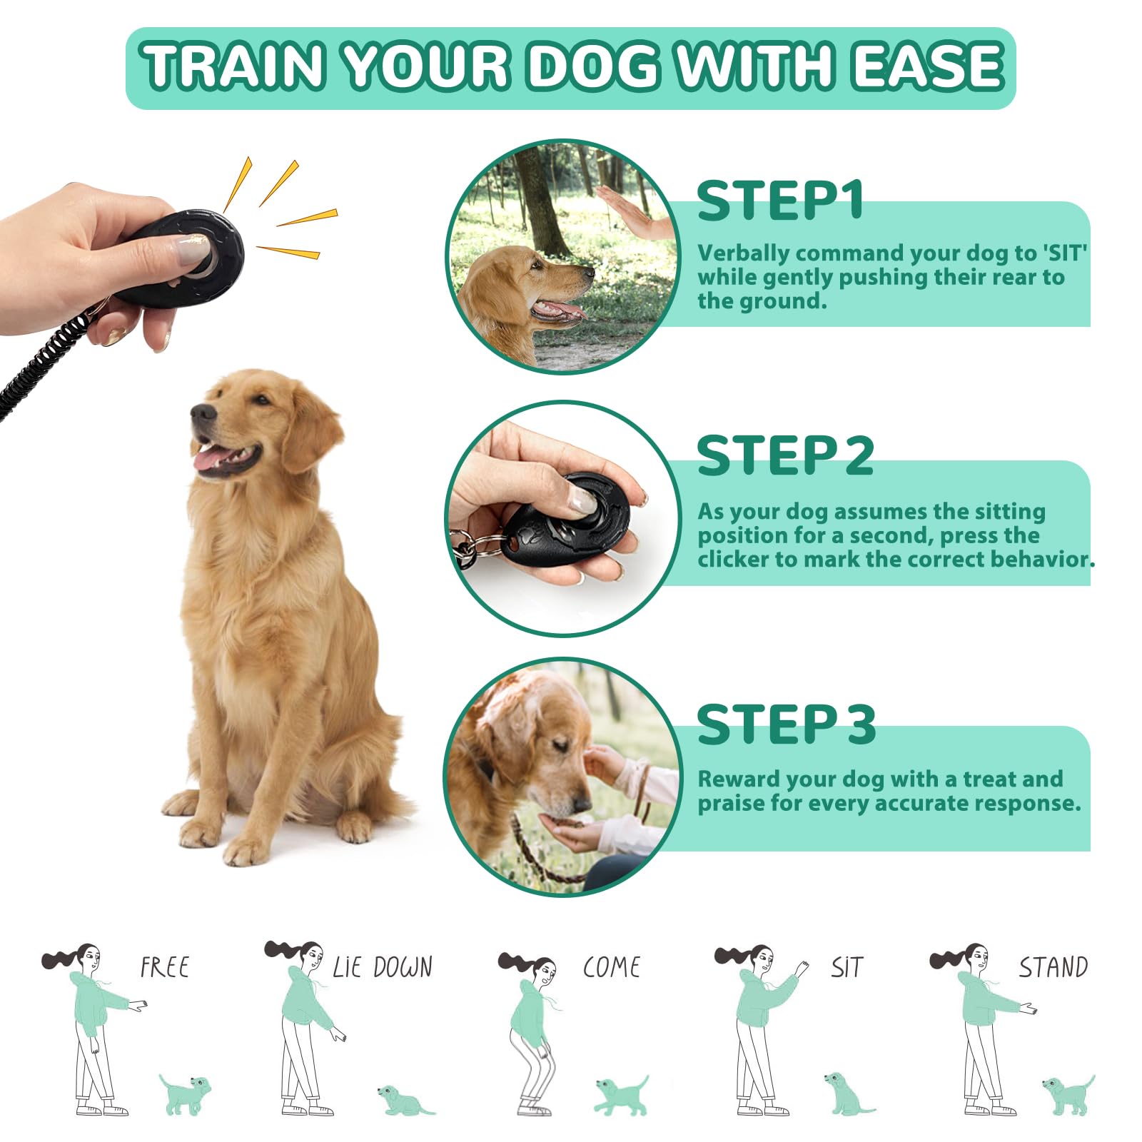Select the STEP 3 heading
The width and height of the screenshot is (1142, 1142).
click(x=786, y=724)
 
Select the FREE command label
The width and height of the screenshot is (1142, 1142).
click(x=165, y=967)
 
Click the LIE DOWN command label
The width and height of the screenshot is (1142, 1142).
click(x=383, y=967)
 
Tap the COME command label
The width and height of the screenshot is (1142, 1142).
click(x=612, y=967)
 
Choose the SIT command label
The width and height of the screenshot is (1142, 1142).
click(x=847, y=967)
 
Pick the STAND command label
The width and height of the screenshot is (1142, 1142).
click(x=1053, y=967)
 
